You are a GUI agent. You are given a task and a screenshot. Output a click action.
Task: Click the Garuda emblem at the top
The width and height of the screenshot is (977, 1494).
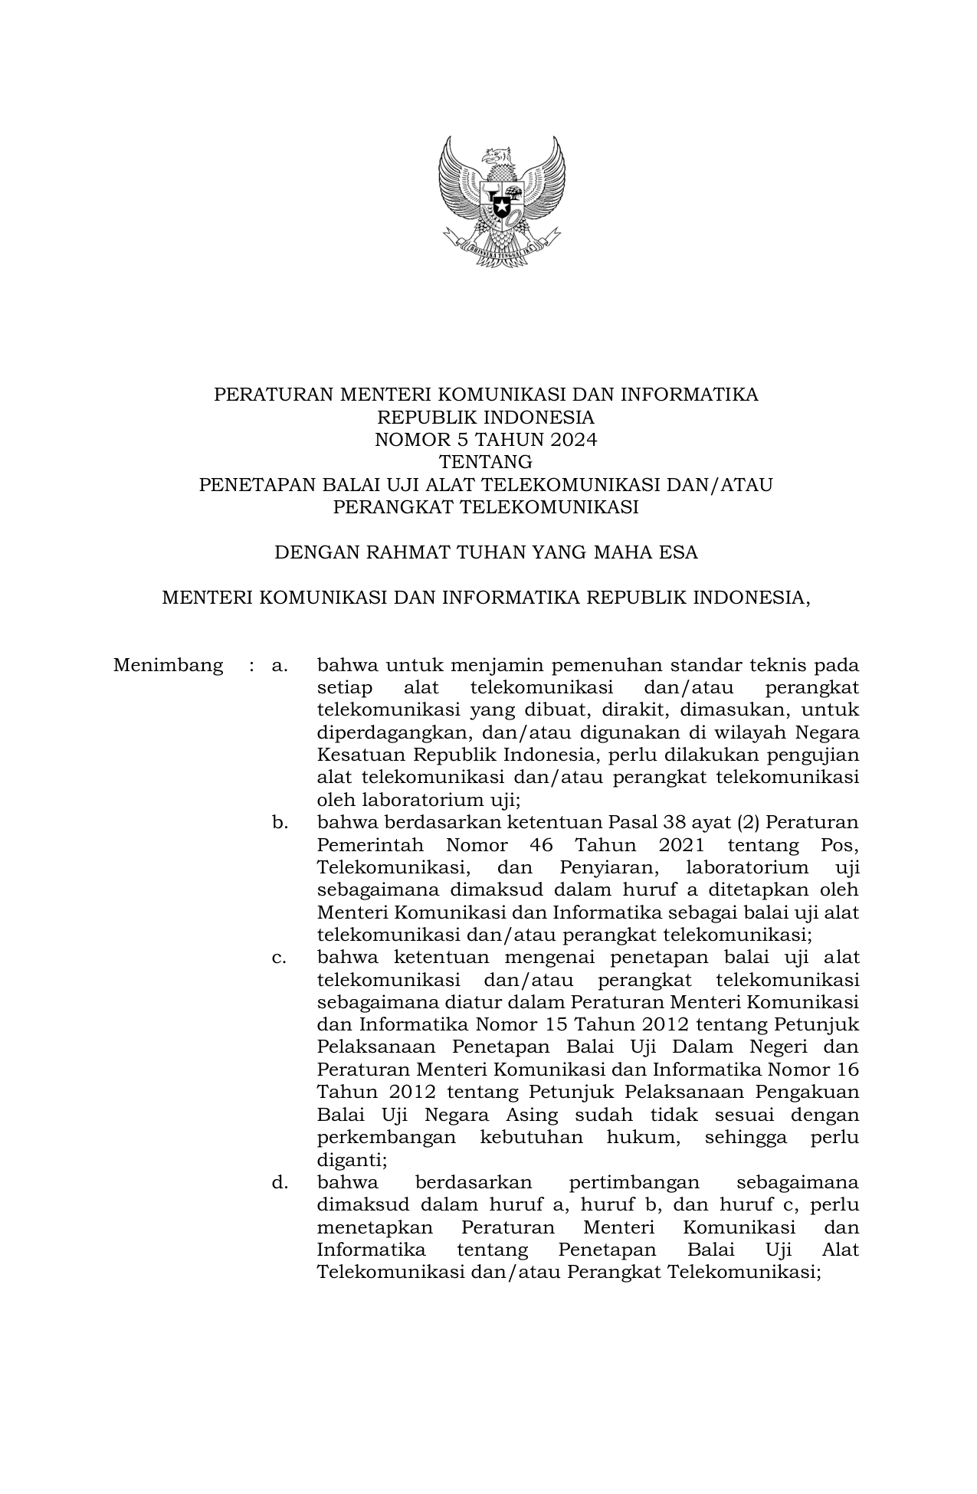click(501, 201)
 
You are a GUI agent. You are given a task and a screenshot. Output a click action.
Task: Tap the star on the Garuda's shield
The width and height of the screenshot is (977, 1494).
click(501, 206)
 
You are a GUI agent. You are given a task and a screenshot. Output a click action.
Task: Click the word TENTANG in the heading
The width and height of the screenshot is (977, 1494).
click(486, 462)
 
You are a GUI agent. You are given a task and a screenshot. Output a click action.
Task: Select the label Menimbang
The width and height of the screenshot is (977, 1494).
click(169, 665)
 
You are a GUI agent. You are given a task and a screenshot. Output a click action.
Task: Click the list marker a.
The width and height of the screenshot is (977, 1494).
click(279, 665)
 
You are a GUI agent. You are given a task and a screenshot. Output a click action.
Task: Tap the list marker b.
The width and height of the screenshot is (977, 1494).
click(279, 823)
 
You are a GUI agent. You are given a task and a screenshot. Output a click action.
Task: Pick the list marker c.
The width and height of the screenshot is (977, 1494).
click(279, 958)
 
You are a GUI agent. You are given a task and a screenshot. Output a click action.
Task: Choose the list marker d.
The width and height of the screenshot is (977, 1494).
click(279, 1182)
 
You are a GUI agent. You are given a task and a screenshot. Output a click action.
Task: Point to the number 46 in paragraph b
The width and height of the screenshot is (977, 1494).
click(542, 845)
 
